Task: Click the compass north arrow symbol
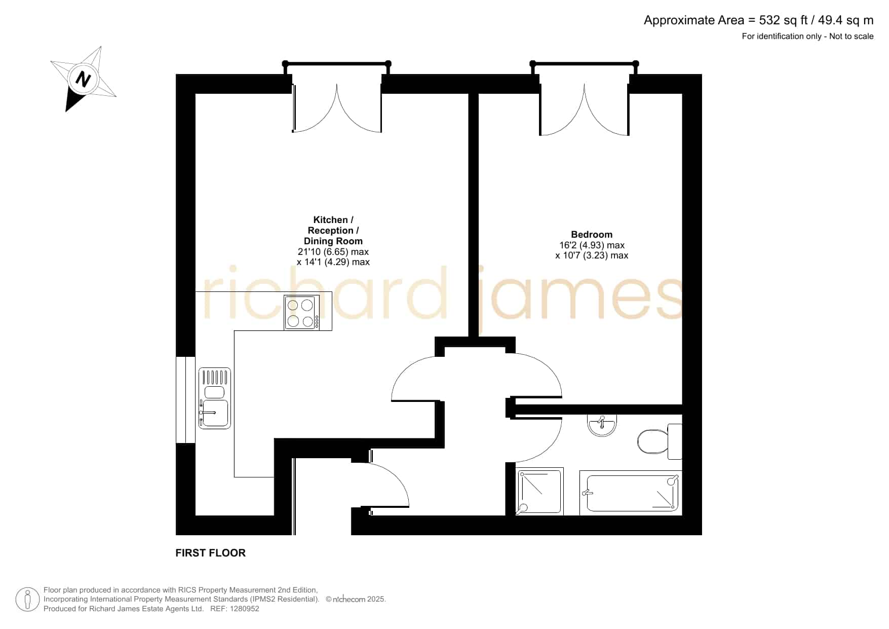(83, 79)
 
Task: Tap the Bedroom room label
(592, 234)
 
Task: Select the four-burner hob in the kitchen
(302, 312)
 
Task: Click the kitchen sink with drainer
(215, 398)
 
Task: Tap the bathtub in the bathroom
(631, 493)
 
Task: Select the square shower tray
(539, 491)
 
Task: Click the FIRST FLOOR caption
(211, 553)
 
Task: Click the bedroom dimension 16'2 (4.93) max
(592, 245)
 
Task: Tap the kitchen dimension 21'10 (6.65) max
(333, 251)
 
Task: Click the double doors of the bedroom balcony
(584, 109)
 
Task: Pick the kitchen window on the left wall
(185, 400)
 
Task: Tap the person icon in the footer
(27, 600)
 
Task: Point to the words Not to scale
(851, 36)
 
